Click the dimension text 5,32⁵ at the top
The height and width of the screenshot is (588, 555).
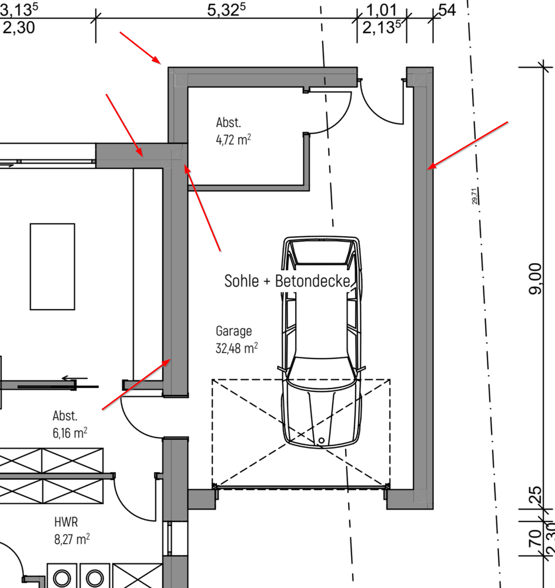pos(226,10)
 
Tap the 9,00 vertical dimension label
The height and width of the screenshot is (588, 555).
pos(535,279)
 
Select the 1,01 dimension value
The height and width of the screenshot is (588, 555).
pos(381,10)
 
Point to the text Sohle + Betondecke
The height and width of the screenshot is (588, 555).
pos(287,281)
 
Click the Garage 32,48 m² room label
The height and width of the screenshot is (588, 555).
pos(236,340)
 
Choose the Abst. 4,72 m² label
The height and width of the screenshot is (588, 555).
pos(233,131)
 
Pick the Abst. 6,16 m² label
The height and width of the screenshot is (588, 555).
pos(70,424)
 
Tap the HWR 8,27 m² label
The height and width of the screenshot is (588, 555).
pos(72,531)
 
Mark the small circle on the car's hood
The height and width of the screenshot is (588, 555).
pos(322,441)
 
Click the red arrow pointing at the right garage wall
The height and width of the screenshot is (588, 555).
pos(467,145)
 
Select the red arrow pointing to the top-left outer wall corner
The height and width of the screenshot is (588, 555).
pos(141,48)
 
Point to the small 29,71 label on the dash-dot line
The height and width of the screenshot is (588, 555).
pos(474,196)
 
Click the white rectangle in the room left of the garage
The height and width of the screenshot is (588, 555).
pos(52,267)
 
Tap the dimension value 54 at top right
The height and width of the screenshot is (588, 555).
pos(447,10)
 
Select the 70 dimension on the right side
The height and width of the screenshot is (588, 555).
pos(535,538)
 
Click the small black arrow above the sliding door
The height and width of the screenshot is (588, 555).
pos(75,378)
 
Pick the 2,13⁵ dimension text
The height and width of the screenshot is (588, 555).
pos(382,28)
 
